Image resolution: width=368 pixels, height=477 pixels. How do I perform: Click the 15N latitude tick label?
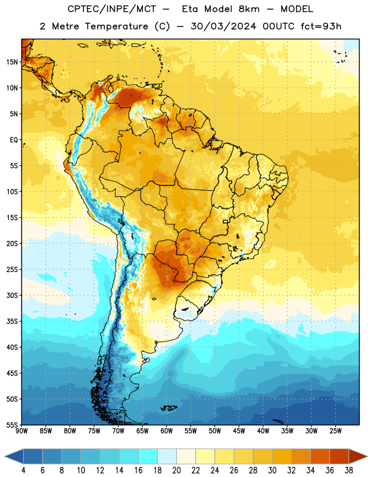(x=12, y=62)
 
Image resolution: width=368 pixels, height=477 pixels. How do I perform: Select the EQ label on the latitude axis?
(x=14, y=140)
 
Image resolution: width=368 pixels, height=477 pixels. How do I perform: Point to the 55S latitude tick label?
(x=12, y=425)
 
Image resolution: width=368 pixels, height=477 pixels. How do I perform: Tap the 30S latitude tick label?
(x=12, y=295)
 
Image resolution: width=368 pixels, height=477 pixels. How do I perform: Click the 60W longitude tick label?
(x=167, y=430)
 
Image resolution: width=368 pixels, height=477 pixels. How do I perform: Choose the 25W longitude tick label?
(x=335, y=430)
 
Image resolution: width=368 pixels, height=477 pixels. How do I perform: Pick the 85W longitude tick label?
(x=46, y=430)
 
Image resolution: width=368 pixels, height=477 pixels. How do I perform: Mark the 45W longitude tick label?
(x=239, y=430)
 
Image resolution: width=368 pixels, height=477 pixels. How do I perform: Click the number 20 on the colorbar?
(x=176, y=470)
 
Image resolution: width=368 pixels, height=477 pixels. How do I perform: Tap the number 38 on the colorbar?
(x=349, y=470)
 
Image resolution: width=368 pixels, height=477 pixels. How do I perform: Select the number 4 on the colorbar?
(x=23, y=470)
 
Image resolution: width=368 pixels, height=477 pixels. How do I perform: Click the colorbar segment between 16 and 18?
(x=148, y=457)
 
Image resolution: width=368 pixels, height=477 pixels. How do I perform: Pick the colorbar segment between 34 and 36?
(x=320, y=457)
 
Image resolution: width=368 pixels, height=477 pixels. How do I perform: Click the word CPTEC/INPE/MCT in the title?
(x=111, y=9)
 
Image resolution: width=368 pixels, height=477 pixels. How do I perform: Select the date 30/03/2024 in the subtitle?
(x=223, y=26)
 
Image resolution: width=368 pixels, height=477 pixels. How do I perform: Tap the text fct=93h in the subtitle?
(x=321, y=26)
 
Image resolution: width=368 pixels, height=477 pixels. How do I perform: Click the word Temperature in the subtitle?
(x=116, y=26)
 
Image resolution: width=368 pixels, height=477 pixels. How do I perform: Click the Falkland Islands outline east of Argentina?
(x=169, y=408)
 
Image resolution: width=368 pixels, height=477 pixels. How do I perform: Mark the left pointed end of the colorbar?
(x=5, y=457)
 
